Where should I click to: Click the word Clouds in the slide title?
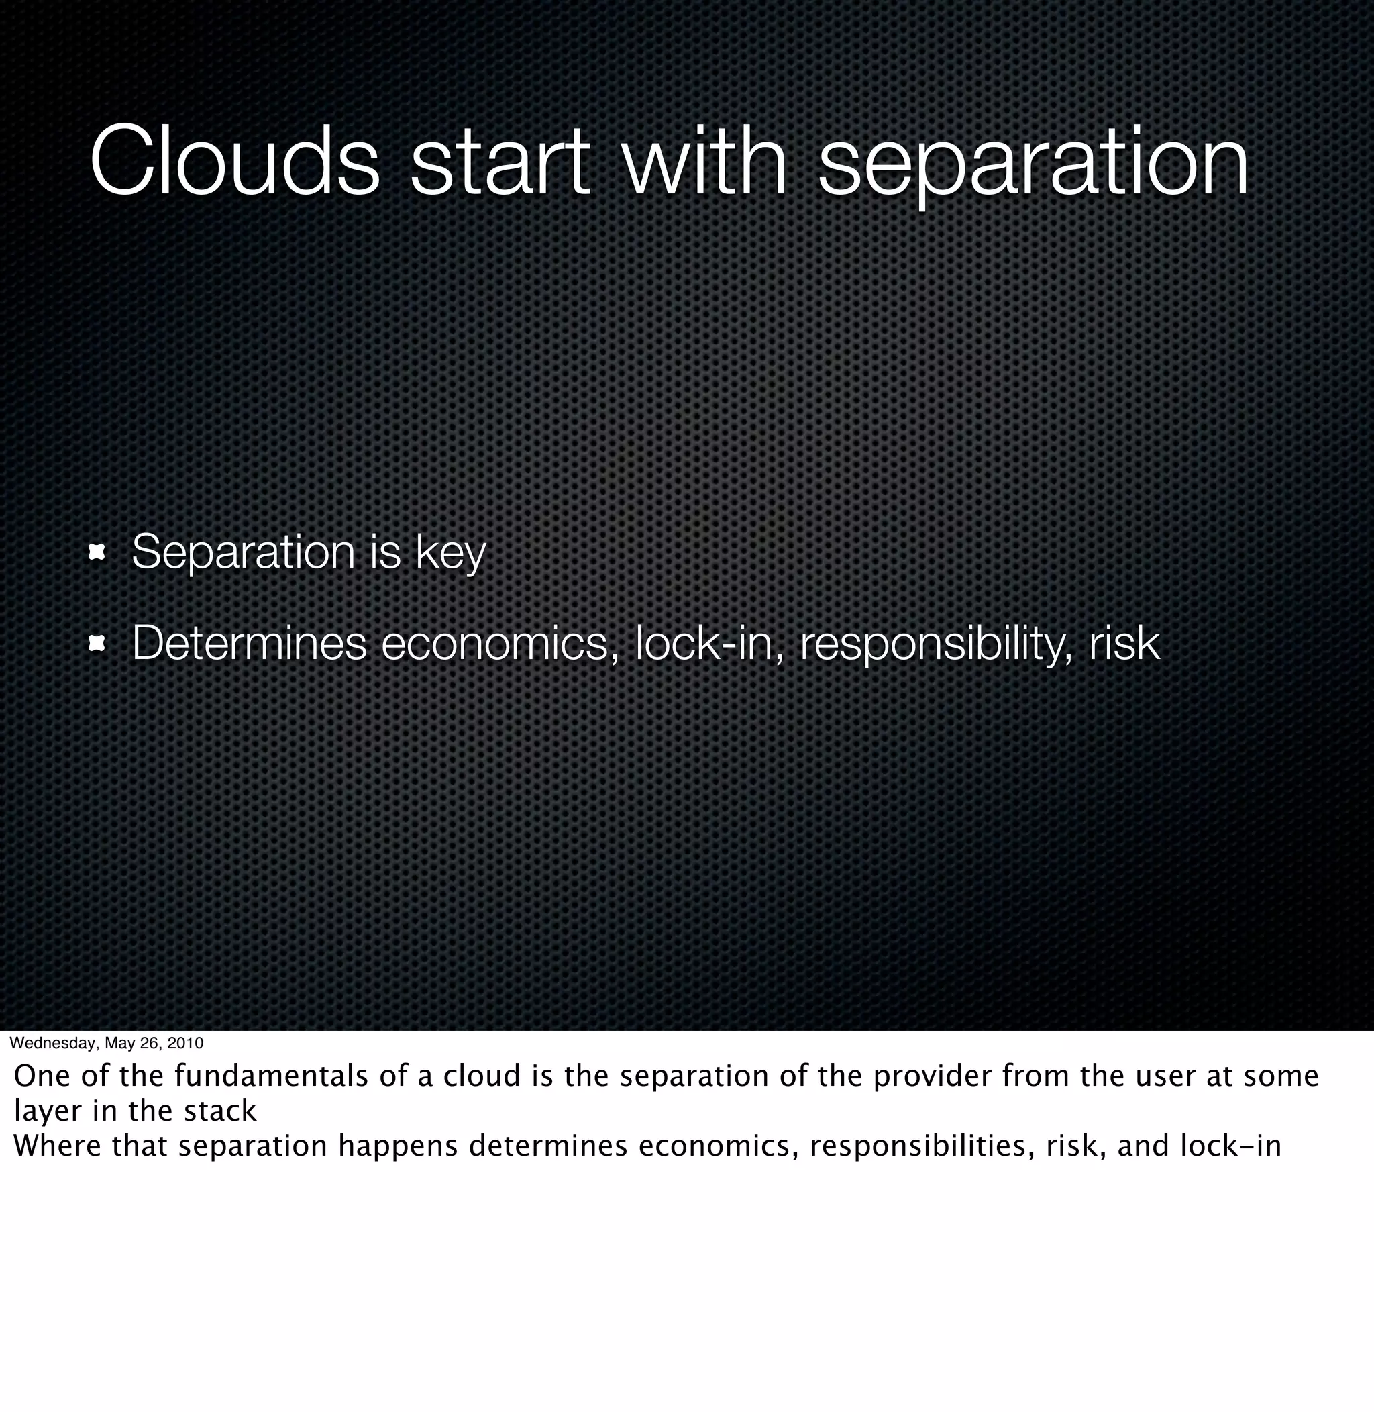(235, 160)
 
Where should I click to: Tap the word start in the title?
(499, 160)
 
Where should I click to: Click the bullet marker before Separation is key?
(97, 553)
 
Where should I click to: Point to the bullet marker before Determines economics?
(97, 643)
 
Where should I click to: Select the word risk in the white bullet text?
(1124, 643)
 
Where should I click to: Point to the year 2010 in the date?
(187, 1043)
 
